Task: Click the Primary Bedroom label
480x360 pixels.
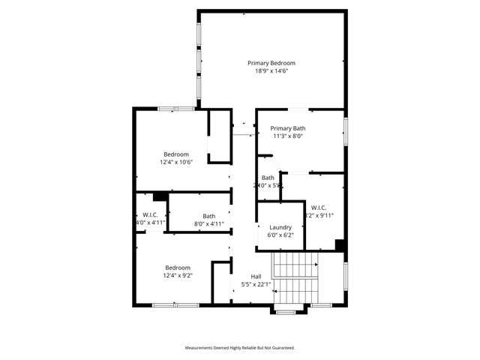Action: (271, 63)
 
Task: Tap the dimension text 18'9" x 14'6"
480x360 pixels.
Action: (271, 71)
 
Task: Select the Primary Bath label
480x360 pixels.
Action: (288, 128)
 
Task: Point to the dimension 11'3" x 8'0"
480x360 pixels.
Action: (288, 136)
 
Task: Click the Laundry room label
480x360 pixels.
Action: (280, 227)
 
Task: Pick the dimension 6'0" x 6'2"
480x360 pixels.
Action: (280, 235)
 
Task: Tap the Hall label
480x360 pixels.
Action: (256, 277)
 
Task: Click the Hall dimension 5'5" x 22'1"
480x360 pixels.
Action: (256, 285)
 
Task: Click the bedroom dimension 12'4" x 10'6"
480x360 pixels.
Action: (176, 162)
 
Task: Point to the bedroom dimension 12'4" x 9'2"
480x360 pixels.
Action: (178, 276)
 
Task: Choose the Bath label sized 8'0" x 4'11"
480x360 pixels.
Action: (208, 216)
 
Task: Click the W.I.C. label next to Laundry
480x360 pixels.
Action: (318, 207)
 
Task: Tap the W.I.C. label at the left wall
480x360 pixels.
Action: (149, 214)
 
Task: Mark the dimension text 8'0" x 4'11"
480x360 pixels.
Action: (208, 223)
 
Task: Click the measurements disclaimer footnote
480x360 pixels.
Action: (240, 348)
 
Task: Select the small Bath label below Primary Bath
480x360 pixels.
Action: (268, 178)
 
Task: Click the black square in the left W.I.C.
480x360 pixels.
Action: (158, 196)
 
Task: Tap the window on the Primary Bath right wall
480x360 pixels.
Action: (346, 129)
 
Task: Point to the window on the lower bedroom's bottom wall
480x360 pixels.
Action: (165, 304)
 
